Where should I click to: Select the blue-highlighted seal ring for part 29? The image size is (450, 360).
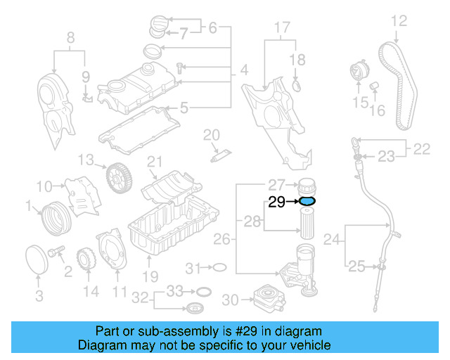307,202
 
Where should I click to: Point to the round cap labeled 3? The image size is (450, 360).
37,257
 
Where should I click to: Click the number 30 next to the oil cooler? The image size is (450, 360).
231,300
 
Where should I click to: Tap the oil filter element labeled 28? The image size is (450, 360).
307,226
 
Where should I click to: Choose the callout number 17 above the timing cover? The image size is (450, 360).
281,29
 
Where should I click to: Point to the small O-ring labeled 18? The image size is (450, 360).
297,86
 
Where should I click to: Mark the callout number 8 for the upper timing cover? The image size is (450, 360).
69,37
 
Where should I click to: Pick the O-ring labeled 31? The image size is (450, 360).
218,268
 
